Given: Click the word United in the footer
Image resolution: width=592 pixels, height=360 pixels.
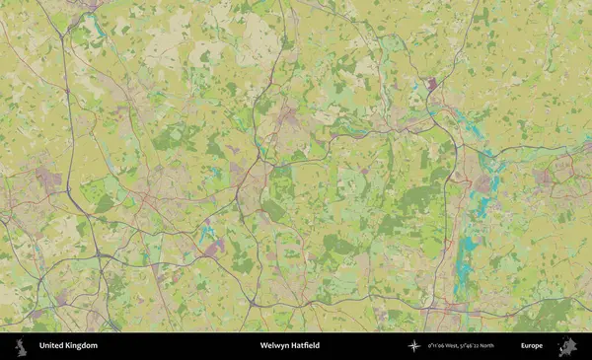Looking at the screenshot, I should pos(51,346).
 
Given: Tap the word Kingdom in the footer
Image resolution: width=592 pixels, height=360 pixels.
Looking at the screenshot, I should pos(81,346).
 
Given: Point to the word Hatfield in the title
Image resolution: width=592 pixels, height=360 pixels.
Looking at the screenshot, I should pos(306,346).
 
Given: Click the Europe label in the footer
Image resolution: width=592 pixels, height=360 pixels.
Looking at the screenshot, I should pos(532,346).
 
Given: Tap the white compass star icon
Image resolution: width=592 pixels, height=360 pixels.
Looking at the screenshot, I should pos(413,346).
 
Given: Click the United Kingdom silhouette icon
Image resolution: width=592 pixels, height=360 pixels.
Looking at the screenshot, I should pos(20,346).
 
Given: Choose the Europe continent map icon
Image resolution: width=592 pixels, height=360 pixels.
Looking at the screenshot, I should pos(566,346).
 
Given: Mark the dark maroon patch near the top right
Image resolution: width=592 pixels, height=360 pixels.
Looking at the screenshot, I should pos(431,85).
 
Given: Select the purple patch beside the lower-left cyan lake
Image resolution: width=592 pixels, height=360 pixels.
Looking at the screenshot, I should pos(216,246).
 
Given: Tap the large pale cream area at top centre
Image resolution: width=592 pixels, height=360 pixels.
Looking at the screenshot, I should pos(259,39).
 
